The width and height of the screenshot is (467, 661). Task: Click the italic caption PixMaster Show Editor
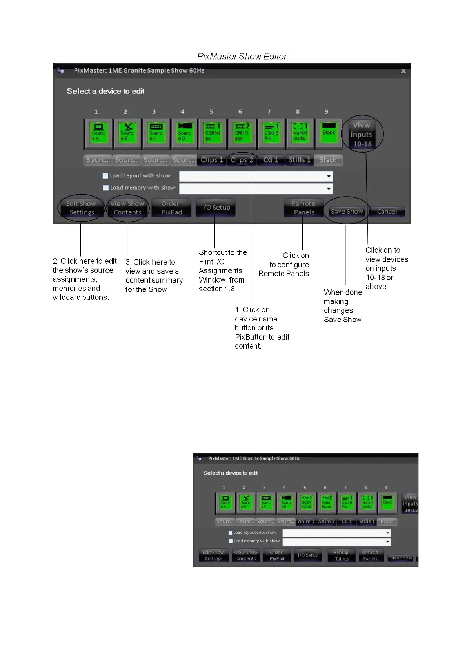(x=242, y=57)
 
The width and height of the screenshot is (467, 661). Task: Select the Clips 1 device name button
(x=211, y=160)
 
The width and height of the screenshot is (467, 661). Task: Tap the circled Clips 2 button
(x=242, y=160)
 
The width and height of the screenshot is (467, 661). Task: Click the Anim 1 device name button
(x=306, y=522)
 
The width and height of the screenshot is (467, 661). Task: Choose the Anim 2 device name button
(x=326, y=522)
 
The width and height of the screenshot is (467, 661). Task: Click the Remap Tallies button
(x=341, y=555)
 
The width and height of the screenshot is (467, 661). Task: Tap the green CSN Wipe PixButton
(x=213, y=132)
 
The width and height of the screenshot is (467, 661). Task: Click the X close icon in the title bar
(x=403, y=71)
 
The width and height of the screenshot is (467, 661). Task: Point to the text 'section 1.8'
(x=216, y=289)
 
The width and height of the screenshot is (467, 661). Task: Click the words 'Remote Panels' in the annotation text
(x=283, y=274)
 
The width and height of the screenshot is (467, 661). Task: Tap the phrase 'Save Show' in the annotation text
(x=342, y=320)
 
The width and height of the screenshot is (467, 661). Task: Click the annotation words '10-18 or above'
(x=379, y=282)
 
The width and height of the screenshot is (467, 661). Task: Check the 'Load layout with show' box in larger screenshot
(x=105, y=176)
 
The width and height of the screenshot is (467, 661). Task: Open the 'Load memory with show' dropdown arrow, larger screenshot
(x=329, y=188)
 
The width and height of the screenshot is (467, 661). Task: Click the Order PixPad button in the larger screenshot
(x=171, y=208)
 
